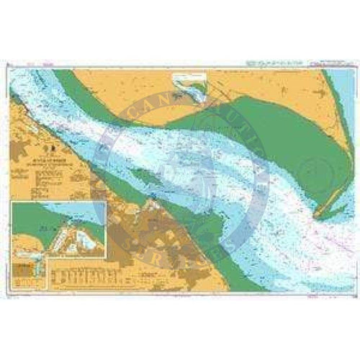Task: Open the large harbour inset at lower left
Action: click(59, 231)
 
